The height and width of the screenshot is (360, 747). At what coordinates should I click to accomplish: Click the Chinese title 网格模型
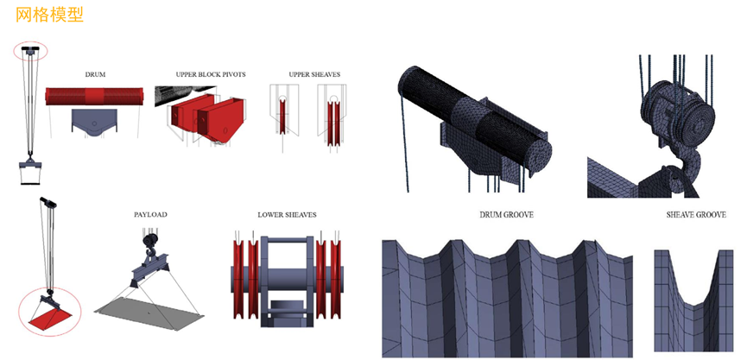click(x=49, y=16)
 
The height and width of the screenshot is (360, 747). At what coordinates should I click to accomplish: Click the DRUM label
click(x=95, y=75)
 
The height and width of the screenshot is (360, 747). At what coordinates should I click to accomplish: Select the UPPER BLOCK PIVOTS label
click(x=199, y=75)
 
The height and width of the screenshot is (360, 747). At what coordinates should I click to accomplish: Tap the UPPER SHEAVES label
click(x=314, y=75)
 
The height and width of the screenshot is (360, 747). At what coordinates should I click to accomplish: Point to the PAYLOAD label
click(x=150, y=213)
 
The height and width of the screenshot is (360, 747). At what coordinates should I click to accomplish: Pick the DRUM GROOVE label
click(x=505, y=214)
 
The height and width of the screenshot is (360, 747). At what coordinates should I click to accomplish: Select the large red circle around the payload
click(x=49, y=313)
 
